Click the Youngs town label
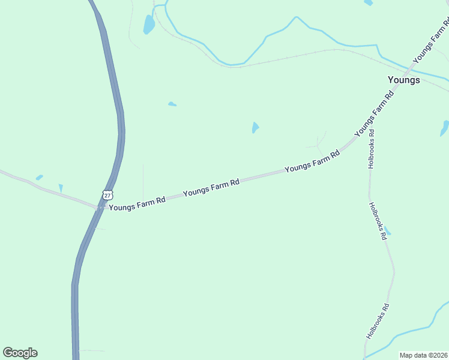pyautogui.click(x=403, y=80)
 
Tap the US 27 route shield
pyautogui.click(x=107, y=195)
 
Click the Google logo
pyautogui.click(x=20, y=353)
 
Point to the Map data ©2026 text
pyautogui.click(x=423, y=355)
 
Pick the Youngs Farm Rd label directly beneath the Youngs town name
pyautogui.click(x=375, y=112)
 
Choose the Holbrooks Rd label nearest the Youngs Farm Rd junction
pyautogui.click(x=372, y=149)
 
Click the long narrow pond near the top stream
pyautogui.click(x=148, y=25)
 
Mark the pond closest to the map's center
pyautogui.click(x=255, y=128)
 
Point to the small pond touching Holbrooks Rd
pyautogui.click(x=387, y=232)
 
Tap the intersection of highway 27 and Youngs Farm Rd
pyautogui.click(x=100, y=206)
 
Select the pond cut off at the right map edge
pyautogui.click(x=444, y=128)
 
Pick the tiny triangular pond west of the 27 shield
pyautogui.click(x=61, y=188)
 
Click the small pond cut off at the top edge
pyautogui.click(x=368, y=2)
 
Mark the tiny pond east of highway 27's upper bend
pyautogui.click(x=172, y=104)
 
